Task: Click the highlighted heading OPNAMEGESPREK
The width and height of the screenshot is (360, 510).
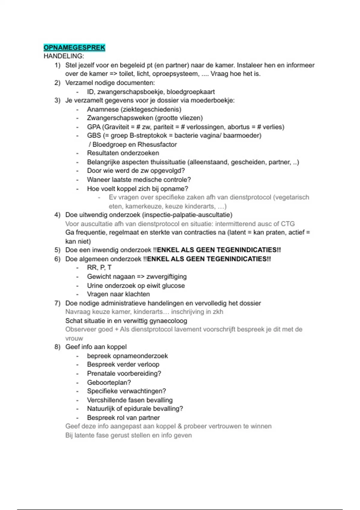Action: pos(74,48)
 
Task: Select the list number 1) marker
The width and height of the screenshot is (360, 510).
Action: pos(57,65)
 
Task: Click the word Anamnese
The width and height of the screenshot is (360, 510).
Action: pos(103,109)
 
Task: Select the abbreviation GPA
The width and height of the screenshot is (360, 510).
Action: pos(94,127)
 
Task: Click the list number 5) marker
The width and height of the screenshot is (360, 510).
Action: pos(57,250)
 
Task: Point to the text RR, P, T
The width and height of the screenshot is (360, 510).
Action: pos(99,268)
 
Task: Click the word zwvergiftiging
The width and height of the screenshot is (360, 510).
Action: pos(166,277)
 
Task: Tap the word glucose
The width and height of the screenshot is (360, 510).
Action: pos(173,286)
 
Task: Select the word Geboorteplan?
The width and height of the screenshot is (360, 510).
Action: pos(109,382)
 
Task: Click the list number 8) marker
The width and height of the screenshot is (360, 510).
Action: pos(57,347)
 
